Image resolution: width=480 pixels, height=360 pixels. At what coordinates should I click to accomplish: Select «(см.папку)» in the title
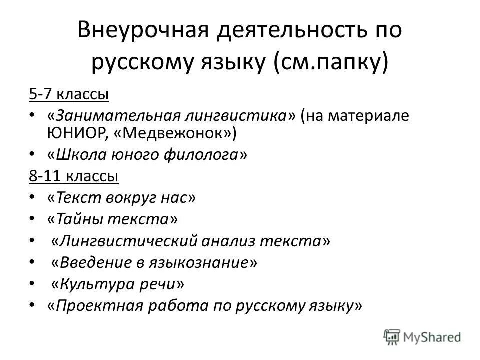331,64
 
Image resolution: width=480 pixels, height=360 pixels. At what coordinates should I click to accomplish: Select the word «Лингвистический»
128,241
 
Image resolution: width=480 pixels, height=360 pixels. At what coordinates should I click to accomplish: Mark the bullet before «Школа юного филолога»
32,155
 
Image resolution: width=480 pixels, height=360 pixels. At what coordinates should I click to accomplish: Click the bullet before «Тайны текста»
32,219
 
